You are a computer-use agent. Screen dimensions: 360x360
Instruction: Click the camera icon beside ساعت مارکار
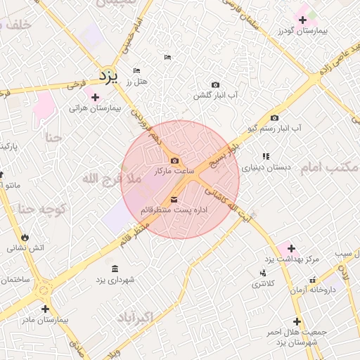click(174, 161)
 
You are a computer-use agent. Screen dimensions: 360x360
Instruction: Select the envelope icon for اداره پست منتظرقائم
click(174, 200)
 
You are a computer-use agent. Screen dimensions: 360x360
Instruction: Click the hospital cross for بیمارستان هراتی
click(96, 97)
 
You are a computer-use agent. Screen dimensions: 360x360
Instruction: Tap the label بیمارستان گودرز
click(304, 31)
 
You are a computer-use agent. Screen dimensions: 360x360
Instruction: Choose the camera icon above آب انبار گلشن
click(215, 84)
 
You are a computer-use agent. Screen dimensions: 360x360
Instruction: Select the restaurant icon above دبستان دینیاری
click(266, 156)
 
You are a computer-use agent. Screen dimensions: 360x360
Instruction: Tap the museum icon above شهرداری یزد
click(115, 269)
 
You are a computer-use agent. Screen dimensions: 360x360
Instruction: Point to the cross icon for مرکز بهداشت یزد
click(291, 248)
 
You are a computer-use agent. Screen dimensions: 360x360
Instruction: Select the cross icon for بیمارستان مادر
click(45, 309)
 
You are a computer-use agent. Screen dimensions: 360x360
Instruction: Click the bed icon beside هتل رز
click(136, 71)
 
